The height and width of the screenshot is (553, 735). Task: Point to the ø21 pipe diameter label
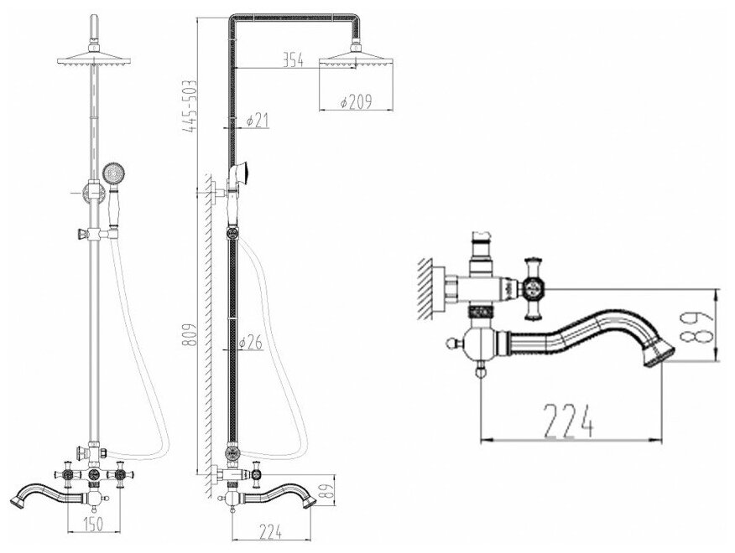coord(257,121)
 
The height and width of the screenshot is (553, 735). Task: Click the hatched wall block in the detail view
coord(427,288)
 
